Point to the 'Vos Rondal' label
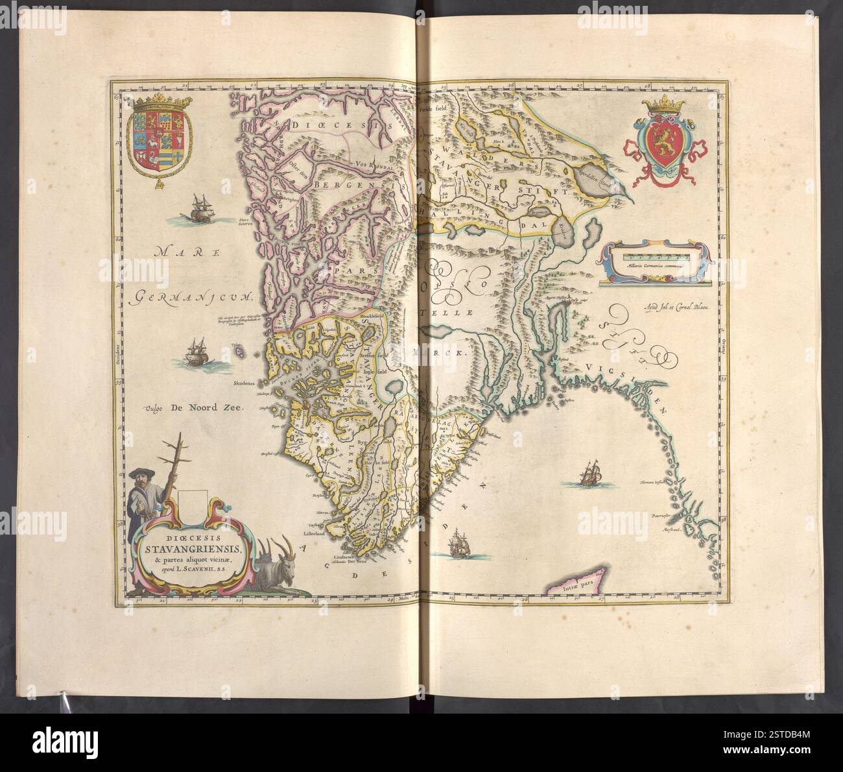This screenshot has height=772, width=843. pos(379,165)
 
